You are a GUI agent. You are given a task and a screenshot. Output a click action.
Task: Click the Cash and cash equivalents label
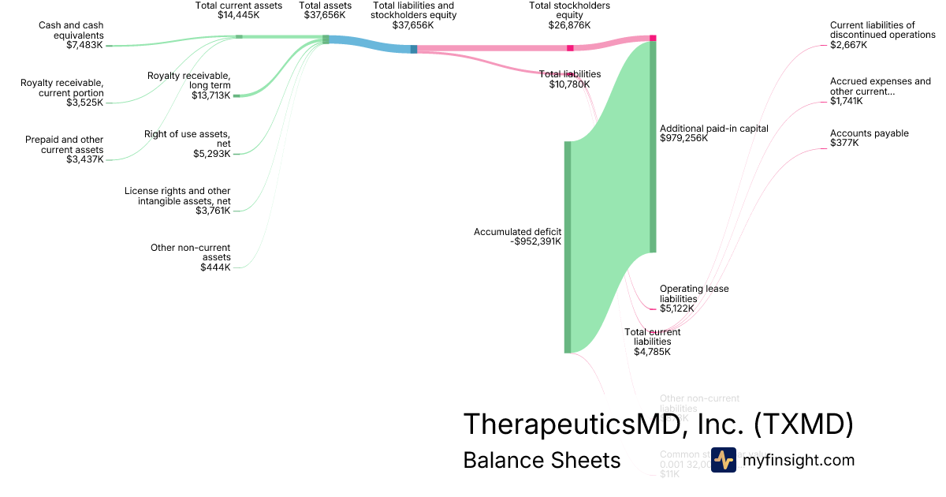[x=71, y=30]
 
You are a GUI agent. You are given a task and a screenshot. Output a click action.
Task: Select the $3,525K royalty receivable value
[x=84, y=103]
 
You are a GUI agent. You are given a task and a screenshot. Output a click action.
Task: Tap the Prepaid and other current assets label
[x=64, y=144]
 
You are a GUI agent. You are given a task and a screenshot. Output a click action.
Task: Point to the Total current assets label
[x=239, y=6]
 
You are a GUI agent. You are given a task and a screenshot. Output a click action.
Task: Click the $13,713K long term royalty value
[x=210, y=95]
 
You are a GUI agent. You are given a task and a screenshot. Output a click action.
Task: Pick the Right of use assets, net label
[x=187, y=138]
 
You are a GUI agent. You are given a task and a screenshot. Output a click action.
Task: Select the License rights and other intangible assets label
[x=177, y=196]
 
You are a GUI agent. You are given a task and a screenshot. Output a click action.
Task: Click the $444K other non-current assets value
[x=215, y=267]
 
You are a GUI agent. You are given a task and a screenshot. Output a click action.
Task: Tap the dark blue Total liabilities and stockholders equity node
[x=414, y=49]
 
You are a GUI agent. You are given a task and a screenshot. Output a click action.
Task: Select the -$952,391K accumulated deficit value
[x=535, y=241]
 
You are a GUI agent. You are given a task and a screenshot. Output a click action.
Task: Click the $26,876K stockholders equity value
[x=569, y=25]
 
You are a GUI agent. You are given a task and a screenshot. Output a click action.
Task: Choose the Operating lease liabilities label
[x=694, y=293]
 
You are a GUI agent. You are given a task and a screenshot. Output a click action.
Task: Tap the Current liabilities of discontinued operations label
[x=883, y=30]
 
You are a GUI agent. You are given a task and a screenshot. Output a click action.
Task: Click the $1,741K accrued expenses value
[x=847, y=101]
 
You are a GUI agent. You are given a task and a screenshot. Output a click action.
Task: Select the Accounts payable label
[x=869, y=133]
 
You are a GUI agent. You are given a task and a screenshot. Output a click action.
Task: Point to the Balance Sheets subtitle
[x=542, y=460]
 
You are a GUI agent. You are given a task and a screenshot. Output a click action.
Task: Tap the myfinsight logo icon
[x=723, y=460]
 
